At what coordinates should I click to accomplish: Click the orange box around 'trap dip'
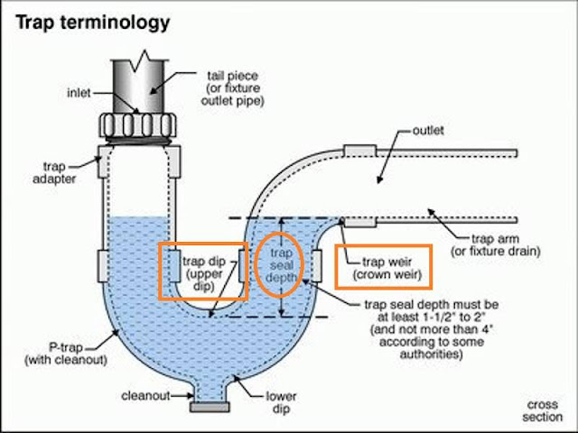[x=201, y=271]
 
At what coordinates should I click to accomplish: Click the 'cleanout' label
[x=143, y=396]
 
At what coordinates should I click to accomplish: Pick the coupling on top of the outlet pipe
[x=359, y=148]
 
